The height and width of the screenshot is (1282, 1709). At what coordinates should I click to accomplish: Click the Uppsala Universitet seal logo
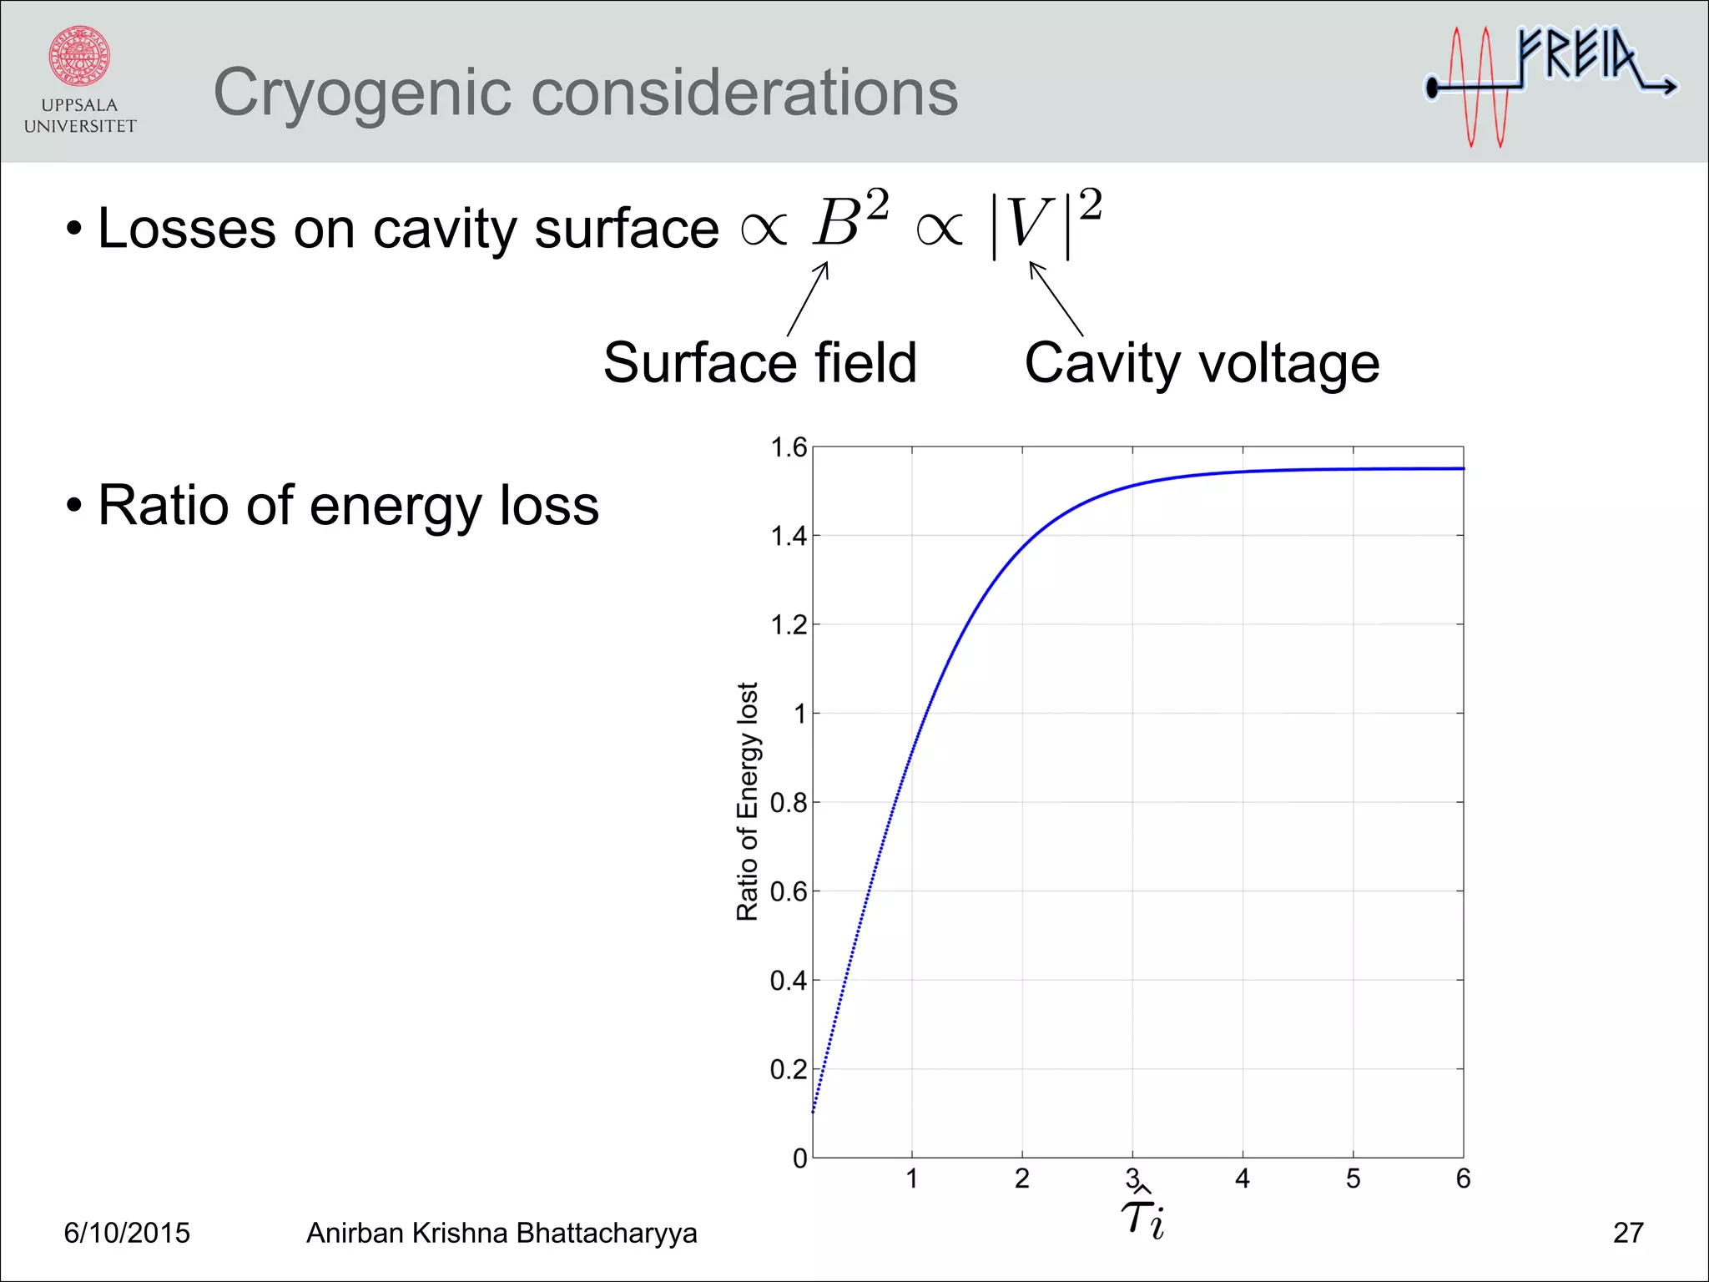coord(79,57)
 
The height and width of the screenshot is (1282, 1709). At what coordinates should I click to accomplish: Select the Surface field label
coord(759,363)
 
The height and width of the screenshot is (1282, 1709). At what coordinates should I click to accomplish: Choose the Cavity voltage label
coord(1202,364)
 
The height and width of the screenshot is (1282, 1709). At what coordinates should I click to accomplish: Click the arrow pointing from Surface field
coord(808,299)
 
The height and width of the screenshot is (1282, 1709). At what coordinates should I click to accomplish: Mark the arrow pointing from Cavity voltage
coord(1056,298)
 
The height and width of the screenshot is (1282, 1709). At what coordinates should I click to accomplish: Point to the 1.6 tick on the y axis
coord(789,448)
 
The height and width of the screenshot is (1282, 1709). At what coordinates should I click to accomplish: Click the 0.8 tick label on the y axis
coord(789,803)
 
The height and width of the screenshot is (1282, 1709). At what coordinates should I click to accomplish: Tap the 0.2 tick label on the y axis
coord(789,1069)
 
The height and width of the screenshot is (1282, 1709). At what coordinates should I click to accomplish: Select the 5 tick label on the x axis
coord(1353,1179)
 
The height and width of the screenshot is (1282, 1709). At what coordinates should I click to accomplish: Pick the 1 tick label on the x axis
coord(912,1179)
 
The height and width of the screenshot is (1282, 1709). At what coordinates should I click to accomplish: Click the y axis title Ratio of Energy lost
coord(748,801)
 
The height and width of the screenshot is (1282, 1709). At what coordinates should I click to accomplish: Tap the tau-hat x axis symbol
coord(1142,1218)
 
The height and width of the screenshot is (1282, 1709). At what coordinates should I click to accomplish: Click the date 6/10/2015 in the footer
coord(127,1233)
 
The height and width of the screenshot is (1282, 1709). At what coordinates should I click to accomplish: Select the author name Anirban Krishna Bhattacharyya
coord(502,1233)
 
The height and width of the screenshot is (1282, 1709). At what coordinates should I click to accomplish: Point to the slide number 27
coord(1628,1233)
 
